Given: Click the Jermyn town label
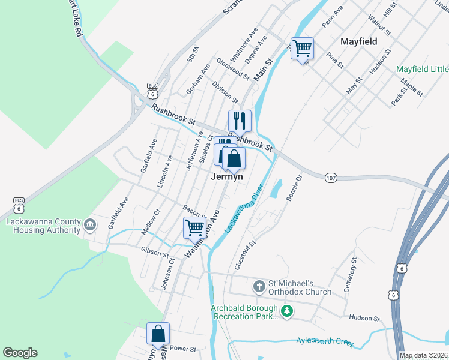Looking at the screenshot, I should tap(227, 177).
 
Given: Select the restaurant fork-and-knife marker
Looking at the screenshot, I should tap(239, 121).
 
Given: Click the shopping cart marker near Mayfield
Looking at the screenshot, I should tap(302, 48).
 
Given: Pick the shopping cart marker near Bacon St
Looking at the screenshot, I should tap(194, 228).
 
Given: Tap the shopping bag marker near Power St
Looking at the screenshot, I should tap(158, 334).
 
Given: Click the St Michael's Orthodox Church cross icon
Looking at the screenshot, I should tap(259, 285).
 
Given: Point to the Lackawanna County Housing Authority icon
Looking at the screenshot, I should tap(89, 225).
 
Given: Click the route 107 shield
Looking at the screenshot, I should tap(331, 178).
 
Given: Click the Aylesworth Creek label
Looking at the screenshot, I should tap(325, 341).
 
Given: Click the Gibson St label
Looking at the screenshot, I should tap(155, 251).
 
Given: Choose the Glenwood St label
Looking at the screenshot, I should tap(233, 68).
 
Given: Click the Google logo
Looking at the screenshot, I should tap(20, 353).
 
